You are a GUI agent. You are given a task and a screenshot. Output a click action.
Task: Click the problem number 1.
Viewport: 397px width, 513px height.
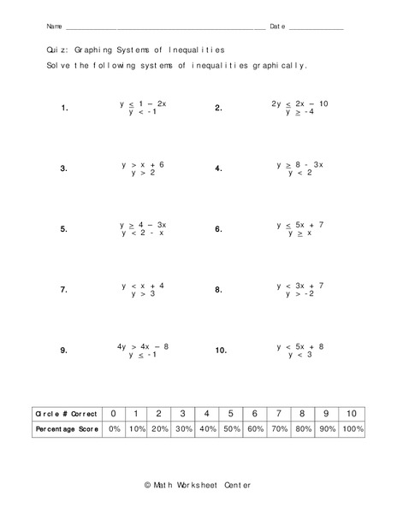click(x=64, y=109)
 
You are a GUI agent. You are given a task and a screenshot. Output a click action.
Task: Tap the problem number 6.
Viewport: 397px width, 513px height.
click(x=218, y=230)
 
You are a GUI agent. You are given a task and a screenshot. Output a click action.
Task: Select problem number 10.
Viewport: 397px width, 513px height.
click(x=220, y=351)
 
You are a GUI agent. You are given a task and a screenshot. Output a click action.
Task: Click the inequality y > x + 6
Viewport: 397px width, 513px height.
click(x=142, y=163)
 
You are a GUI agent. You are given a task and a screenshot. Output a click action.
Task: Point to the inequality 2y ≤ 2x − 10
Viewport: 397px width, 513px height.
click(x=299, y=103)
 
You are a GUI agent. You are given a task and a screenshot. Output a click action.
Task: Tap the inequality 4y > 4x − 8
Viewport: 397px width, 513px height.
click(x=142, y=346)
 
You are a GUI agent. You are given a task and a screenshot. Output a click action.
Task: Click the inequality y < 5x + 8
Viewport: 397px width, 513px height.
click(x=299, y=346)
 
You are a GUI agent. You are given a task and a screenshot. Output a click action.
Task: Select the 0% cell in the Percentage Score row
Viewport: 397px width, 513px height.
click(x=114, y=429)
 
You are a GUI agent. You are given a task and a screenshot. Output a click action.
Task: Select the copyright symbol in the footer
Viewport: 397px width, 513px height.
click(x=148, y=485)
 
